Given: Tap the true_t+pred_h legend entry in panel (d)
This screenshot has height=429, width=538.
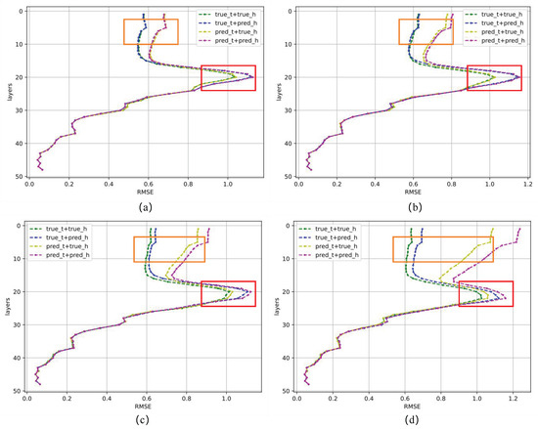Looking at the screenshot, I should pyautogui.click(x=339, y=238).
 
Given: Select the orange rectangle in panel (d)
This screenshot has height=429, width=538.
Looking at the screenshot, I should pyautogui.click(x=442, y=248).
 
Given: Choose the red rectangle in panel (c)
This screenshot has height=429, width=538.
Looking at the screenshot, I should pyautogui.click(x=228, y=294).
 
